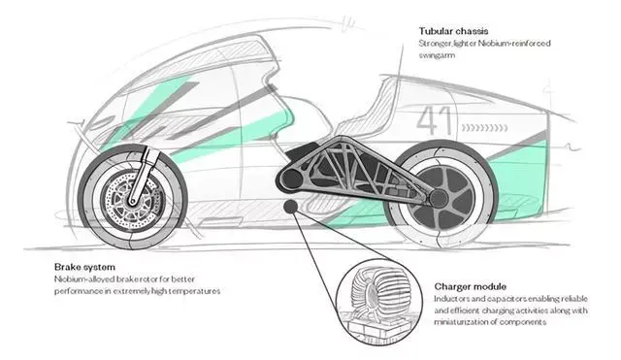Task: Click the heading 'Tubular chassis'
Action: click(453, 31)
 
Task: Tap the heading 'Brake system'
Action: click(84, 267)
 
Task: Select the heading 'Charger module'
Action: click(470, 286)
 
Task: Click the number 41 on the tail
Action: click(435, 120)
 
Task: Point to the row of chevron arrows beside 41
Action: click(484, 127)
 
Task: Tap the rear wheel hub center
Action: click(438, 198)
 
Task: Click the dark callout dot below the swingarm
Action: click(291, 206)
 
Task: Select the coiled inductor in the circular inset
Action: click(378, 294)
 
